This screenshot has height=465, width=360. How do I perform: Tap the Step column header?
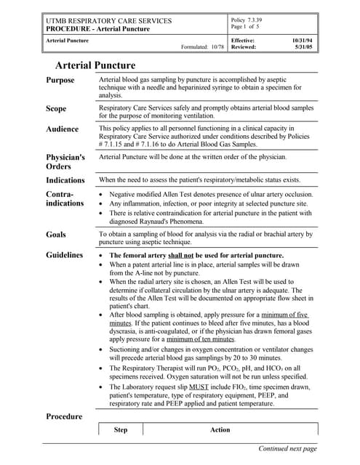pyautogui.click(x=121, y=429)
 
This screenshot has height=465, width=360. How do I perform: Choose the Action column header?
pyautogui.click(x=220, y=429)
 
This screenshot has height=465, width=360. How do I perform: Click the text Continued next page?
pyautogui.click(x=288, y=448)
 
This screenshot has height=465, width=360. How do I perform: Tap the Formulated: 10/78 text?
pyautogui.click(x=202, y=48)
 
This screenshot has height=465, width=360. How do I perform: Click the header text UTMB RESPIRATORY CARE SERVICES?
pyautogui.click(x=108, y=21)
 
